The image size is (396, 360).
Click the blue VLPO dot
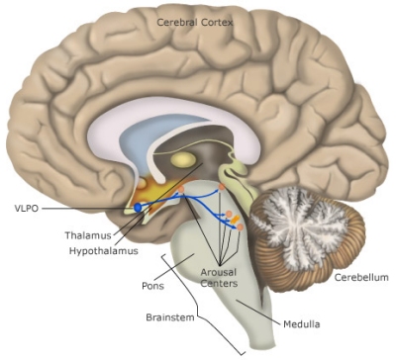[x=139, y=208]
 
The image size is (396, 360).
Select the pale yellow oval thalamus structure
[x=183, y=158]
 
